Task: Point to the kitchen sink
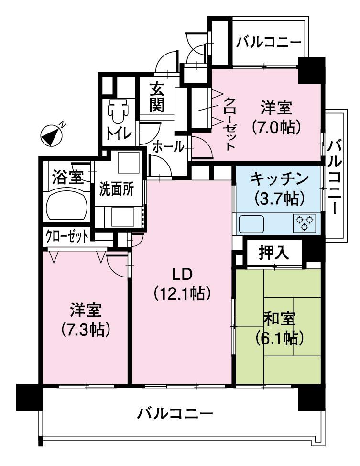[x=251, y=223]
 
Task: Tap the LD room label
[x=182, y=274]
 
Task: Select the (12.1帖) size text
[x=182, y=292]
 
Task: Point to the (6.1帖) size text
[x=279, y=338]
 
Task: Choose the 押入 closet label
[x=274, y=253]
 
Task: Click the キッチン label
[x=278, y=178]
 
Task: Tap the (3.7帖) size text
[x=278, y=197]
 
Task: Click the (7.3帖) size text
[x=86, y=330]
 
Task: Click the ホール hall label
[x=168, y=147]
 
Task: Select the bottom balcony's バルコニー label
[x=175, y=413]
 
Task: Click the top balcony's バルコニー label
[x=270, y=42]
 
